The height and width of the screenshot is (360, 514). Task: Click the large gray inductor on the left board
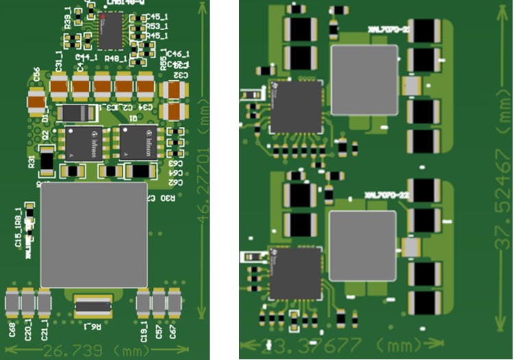[94, 235]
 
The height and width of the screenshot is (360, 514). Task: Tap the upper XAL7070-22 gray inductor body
[364, 80]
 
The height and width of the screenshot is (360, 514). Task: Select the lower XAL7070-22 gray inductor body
[363, 245]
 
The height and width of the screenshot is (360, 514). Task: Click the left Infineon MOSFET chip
[84, 143]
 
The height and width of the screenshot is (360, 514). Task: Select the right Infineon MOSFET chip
[138, 143]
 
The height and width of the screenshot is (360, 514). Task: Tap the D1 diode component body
[77, 113]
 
